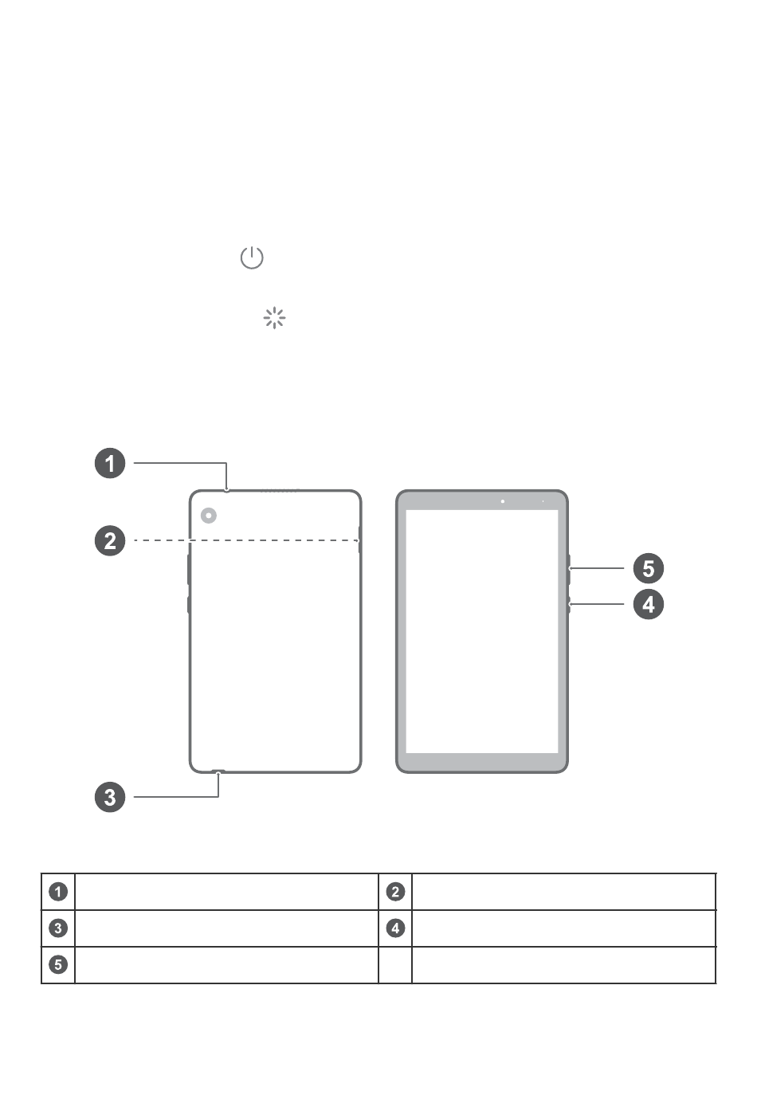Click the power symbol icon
coord(252,257)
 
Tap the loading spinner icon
coord(274,318)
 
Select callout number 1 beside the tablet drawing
coord(110,463)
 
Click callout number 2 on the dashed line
coord(110,540)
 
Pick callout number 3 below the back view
coord(110,797)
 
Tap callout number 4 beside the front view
coord(649,605)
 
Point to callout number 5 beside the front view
coord(649,568)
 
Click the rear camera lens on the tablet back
coord(209,516)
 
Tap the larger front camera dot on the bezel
coord(502,501)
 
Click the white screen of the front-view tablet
coord(482,631)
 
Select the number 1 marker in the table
coord(58,892)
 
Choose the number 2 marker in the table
coord(395,892)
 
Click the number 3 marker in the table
coord(58,928)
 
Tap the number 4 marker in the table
coord(395,928)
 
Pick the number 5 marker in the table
coord(58,965)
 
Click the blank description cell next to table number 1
coord(226,892)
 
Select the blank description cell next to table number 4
coord(563,928)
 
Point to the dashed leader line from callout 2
coord(247,540)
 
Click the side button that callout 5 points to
coord(569,570)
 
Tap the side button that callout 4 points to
coord(569,605)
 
